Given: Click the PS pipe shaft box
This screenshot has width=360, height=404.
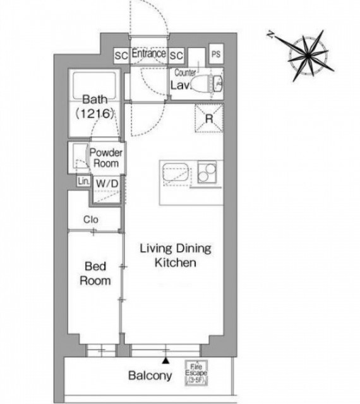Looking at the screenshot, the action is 216,54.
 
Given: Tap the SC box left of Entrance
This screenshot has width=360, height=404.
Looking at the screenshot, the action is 121,56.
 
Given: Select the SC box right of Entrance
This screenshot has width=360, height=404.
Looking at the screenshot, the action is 176,56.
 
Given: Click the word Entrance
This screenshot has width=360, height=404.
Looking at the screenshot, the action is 149,53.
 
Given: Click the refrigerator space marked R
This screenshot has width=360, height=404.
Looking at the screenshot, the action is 209,118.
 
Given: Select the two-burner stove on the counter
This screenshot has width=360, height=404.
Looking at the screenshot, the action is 207,172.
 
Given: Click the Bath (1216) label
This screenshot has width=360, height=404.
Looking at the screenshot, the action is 95,107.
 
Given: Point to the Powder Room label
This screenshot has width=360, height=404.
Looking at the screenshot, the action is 105,158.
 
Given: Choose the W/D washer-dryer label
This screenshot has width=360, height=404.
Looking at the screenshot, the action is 107,184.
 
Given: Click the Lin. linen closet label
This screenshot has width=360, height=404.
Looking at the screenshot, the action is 83,181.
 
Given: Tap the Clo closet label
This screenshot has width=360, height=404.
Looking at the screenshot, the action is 91,220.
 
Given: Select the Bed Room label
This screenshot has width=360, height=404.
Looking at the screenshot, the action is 95,273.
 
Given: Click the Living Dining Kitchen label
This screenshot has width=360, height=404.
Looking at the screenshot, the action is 176,255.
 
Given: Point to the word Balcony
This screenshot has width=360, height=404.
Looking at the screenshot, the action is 150,376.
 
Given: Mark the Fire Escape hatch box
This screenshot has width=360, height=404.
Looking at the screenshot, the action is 196,372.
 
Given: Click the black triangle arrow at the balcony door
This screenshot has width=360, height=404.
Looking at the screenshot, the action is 165,360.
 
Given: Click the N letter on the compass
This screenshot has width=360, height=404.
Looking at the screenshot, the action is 270,34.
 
